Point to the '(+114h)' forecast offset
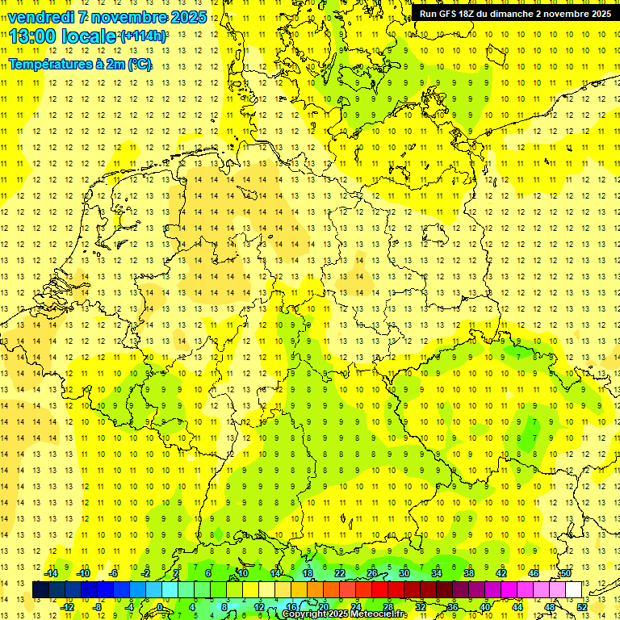pyautogui.click(x=144, y=36)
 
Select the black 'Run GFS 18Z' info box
pyautogui.click(x=514, y=13)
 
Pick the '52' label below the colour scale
pyautogui.click(x=582, y=606)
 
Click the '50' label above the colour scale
pyautogui.click(x=566, y=573)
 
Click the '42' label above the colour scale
pyautogui.click(x=501, y=573)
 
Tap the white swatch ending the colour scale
pyautogui.click(x=574, y=589)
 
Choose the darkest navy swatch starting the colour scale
pyautogui.click(x=40, y=589)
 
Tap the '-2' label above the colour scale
pyautogui.click(x=147, y=573)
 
